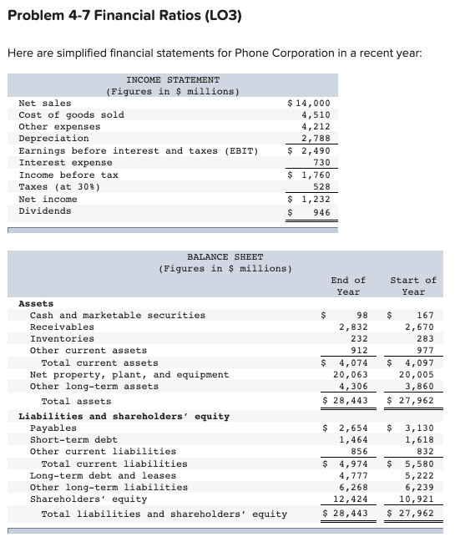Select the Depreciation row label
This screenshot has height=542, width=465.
53,139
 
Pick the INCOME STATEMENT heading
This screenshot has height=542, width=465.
173,79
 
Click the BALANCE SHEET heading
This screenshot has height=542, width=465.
225,256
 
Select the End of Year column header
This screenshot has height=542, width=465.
348,286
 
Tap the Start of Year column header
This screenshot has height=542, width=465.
412,286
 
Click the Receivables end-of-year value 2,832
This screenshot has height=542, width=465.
353,327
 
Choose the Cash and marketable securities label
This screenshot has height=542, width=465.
118,316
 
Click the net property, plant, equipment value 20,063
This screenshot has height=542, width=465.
351,375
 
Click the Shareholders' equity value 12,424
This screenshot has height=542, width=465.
351,499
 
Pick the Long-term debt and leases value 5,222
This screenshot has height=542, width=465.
419,476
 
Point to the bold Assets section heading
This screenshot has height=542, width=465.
36,304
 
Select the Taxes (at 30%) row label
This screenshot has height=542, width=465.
57,187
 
